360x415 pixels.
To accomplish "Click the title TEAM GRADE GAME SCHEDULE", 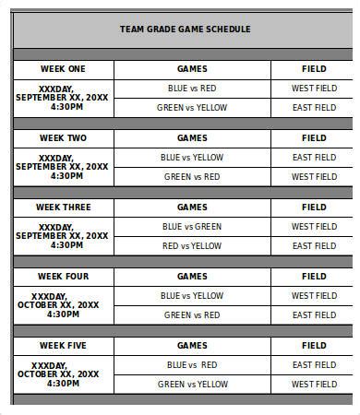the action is [185, 29].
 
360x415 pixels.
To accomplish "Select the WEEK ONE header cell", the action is [63, 68].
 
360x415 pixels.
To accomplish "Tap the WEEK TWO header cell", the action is [63, 137].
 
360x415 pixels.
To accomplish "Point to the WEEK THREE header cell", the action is [63, 207].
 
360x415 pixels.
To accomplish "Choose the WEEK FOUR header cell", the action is [63, 276].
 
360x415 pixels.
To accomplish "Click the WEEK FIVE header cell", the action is [63, 345].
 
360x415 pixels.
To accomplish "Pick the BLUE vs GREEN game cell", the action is [192, 226].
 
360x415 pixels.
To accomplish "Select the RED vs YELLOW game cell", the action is [192, 246].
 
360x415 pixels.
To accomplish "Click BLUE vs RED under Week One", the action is [192, 89].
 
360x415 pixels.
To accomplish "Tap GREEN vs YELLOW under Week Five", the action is [192, 384].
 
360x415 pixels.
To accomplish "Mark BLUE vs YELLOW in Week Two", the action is [192, 157].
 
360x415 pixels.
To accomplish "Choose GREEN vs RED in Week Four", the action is [192, 315].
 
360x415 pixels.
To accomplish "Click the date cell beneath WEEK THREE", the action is [63, 236].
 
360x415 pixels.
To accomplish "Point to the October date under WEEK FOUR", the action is [63, 305].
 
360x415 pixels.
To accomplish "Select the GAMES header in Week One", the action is [192, 68].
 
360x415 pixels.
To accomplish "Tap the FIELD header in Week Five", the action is [314, 345].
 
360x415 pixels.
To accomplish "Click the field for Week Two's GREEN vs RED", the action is [314, 177].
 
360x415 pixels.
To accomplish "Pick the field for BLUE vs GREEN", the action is [314, 226].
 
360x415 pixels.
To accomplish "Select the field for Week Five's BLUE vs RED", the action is [314, 364].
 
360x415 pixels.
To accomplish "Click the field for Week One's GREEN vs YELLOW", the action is [314, 108].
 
